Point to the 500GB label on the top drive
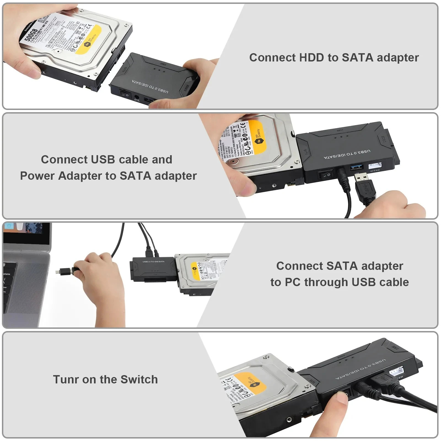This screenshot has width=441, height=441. click(31, 34)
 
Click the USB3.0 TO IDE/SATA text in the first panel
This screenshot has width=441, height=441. click(150, 87)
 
